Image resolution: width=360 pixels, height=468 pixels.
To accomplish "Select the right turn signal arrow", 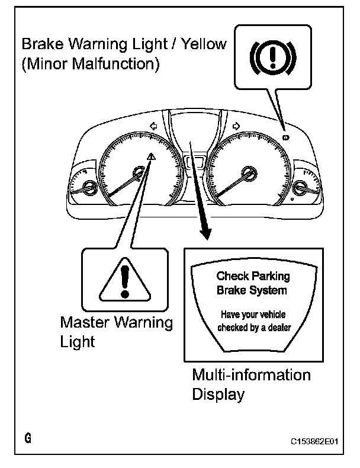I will pos(236,126).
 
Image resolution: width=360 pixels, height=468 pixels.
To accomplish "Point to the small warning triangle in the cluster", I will pos(152,156).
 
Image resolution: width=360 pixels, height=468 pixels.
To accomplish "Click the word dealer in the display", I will pos(277,328).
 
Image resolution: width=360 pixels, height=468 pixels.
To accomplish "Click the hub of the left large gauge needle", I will pos(139,174).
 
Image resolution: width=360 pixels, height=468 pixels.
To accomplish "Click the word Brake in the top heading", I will pos(43,44).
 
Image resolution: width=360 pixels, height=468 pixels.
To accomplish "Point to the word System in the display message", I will pos(270,290).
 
